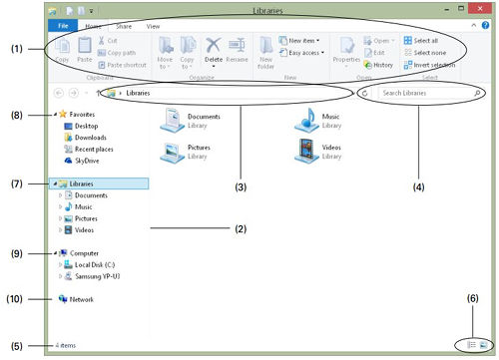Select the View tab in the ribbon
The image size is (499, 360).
pos(153,26)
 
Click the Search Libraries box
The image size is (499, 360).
pos(419,93)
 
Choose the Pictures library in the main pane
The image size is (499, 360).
pos(172,152)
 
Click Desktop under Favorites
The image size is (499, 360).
pos(88,127)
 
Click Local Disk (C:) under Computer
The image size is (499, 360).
pos(96,264)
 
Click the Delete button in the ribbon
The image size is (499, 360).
pos(213,48)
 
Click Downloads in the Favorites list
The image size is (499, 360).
pos(92,138)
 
